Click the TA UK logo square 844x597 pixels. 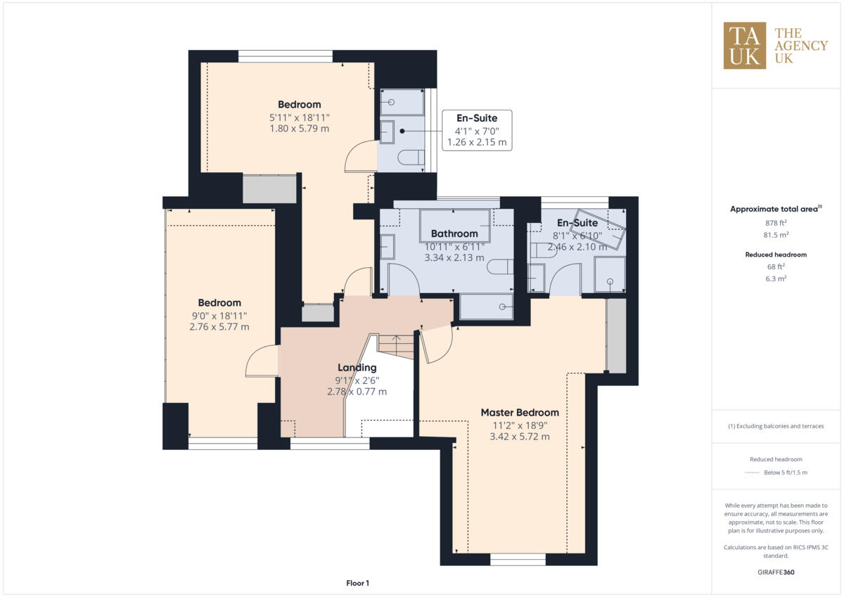point(745,46)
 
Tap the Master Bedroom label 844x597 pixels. point(519,413)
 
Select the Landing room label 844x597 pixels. point(357,368)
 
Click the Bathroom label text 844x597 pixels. point(454,233)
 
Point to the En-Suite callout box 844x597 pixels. point(476,130)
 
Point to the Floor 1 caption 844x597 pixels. point(357,583)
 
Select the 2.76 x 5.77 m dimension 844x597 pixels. point(219,327)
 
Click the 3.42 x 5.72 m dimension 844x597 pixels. point(519,437)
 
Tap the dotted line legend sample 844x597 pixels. point(753,473)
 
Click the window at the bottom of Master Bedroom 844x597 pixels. point(518,560)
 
